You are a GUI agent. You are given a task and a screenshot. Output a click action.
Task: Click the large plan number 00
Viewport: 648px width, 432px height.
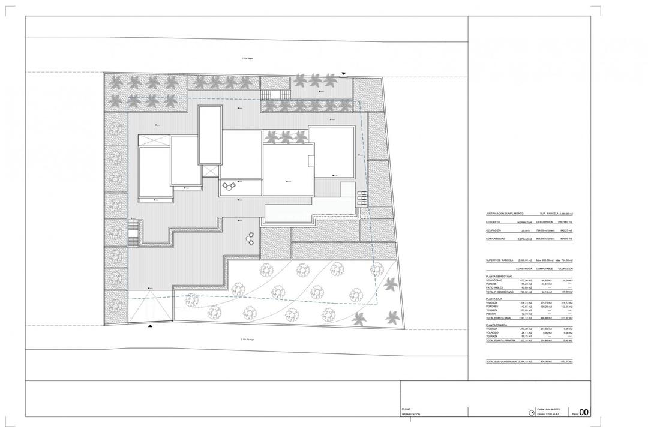tap(584, 412)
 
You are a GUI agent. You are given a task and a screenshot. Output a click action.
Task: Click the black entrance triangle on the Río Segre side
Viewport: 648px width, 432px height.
tap(343, 74)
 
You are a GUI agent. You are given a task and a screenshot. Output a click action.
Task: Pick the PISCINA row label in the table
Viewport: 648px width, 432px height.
tap(493, 313)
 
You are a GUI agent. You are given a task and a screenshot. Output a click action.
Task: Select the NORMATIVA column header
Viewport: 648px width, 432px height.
tap(524, 221)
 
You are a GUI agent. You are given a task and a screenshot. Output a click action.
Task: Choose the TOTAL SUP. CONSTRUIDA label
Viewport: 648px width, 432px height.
tap(502, 362)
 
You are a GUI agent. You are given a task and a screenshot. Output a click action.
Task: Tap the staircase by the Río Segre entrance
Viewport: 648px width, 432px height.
tap(275, 95)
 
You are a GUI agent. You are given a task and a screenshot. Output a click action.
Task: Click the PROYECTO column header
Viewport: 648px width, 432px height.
tap(565, 221)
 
